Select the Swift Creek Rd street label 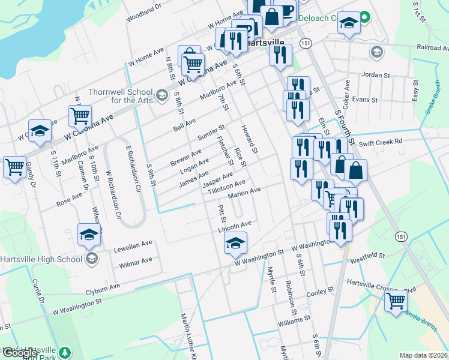380,143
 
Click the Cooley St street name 320,292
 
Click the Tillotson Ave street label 226,187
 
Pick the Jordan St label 375,75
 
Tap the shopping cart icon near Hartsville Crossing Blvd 396,300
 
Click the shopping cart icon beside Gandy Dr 15,167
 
